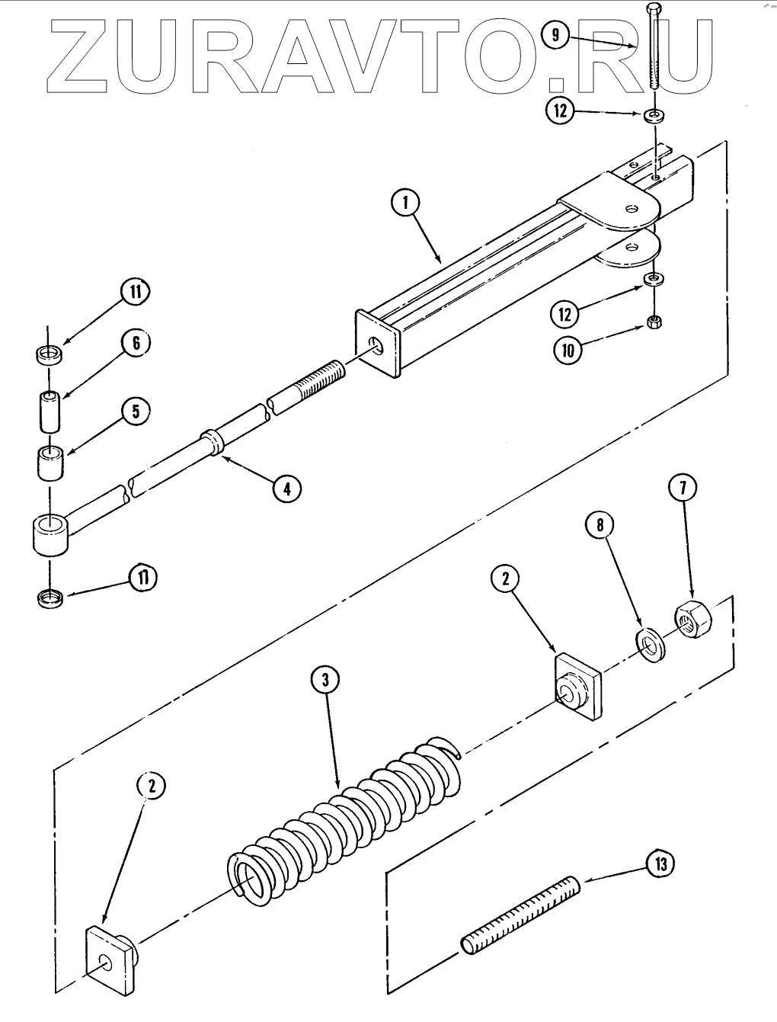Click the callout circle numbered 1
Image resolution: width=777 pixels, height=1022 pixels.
point(407,203)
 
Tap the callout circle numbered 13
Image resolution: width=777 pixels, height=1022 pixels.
point(660,864)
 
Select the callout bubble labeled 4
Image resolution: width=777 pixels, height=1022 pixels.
point(286,488)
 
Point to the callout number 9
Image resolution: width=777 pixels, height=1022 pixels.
point(555,34)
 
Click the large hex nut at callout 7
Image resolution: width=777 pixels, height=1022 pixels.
point(692,617)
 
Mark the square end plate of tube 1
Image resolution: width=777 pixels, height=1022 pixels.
point(378,343)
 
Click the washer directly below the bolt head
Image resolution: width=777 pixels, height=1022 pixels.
point(653,116)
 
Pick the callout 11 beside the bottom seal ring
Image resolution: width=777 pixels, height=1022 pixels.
point(140,578)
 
